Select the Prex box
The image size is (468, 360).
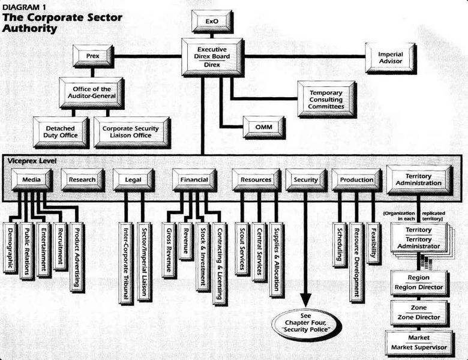pos(92,56)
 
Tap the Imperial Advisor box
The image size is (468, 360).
pos(390,57)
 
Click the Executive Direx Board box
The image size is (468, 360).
pos(211,56)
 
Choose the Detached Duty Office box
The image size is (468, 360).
pos(60,131)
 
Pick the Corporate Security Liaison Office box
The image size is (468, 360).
pos(130,131)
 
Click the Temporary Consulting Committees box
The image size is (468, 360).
pos(326,98)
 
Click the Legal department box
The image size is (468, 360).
pos(133,179)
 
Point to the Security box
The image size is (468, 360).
pos(305,179)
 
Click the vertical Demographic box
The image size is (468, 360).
pos(10,247)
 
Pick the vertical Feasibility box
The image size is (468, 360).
pos(373,242)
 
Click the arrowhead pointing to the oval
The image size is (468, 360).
pos(306,300)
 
